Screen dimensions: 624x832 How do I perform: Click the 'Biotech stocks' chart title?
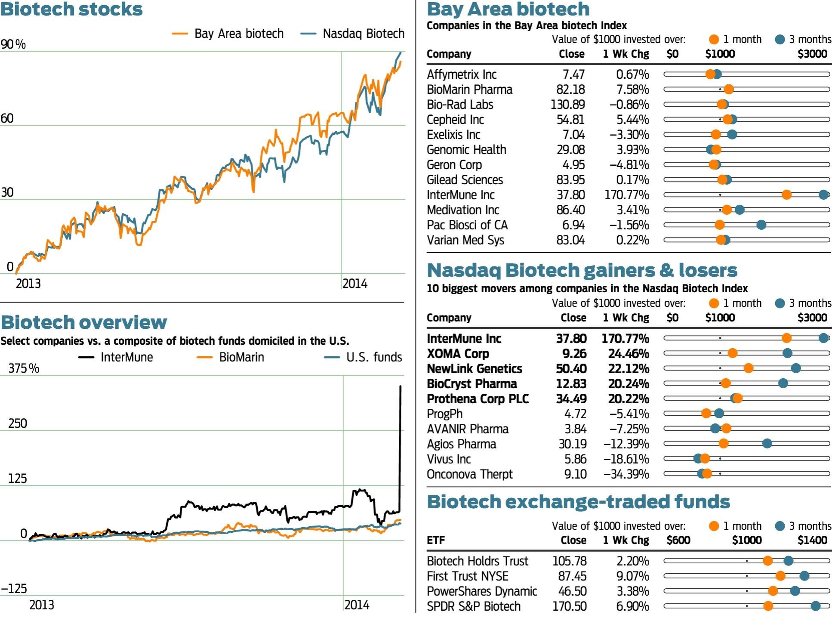click(x=71, y=9)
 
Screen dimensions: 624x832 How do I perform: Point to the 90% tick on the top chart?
click(x=13, y=44)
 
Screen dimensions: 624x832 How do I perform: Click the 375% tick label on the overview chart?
click(x=24, y=368)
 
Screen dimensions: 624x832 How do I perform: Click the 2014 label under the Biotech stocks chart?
click(x=355, y=284)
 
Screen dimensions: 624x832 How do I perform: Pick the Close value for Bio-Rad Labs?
click(x=567, y=105)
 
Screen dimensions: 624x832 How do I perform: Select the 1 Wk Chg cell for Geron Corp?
click(x=629, y=165)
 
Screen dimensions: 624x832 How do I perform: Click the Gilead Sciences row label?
click(x=465, y=180)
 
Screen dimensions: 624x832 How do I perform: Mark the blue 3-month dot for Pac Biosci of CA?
click(x=761, y=225)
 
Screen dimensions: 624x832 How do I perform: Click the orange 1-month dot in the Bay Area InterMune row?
click(x=786, y=195)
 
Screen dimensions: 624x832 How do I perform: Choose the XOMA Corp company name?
click(x=458, y=354)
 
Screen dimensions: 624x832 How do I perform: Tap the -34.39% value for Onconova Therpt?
click(x=626, y=474)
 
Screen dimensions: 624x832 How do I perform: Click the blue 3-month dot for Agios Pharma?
click(x=767, y=443)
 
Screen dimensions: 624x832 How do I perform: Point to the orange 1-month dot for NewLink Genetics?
click(x=748, y=368)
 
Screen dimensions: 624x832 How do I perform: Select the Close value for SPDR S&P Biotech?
click(x=569, y=606)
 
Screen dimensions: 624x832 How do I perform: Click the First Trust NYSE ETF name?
click(x=468, y=576)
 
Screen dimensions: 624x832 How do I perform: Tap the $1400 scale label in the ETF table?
click(x=812, y=540)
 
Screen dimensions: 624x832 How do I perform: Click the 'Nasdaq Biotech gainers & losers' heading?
click(x=582, y=270)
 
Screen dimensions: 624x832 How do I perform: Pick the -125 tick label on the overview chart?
click(x=14, y=588)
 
